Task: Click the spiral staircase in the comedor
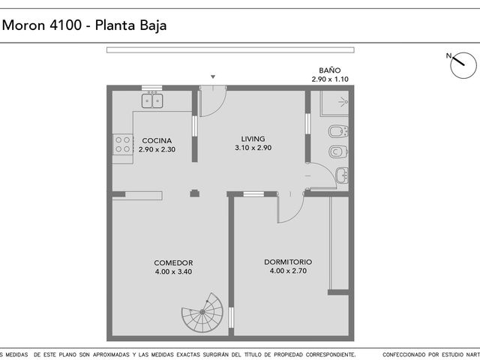point(202,313)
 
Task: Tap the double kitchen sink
point(152,100)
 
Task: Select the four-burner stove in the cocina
point(123,145)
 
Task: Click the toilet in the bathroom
point(338,151)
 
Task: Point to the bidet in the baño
point(338,132)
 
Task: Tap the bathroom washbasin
point(342,175)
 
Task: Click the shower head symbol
point(343,102)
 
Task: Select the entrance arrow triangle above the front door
point(213,76)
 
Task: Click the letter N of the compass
point(448,55)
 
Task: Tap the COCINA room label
point(157,141)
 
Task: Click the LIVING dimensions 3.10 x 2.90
point(253,148)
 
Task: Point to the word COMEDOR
point(173,263)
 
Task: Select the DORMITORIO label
point(288,262)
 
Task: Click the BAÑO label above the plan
point(330,70)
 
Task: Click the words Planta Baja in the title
point(130,25)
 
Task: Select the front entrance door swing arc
point(218,108)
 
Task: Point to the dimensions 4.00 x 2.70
point(288,271)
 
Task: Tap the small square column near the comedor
point(195,193)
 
